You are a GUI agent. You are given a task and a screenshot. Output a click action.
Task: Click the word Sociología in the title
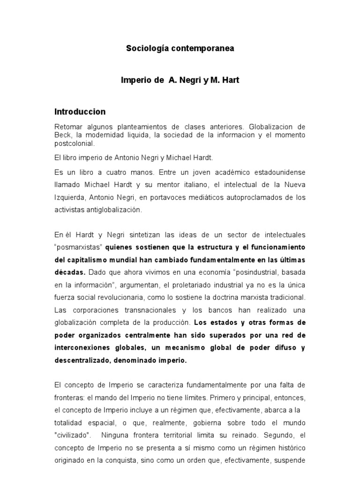pyautogui.click(x=145, y=48)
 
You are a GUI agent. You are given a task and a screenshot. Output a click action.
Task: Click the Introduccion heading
pyautogui.click(x=80, y=112)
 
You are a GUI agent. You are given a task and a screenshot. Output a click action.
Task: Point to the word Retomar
pyautogui.click(x=67, y=127)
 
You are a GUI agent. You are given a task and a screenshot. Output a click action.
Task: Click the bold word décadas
pyautogui.click(x=70, y=272)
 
